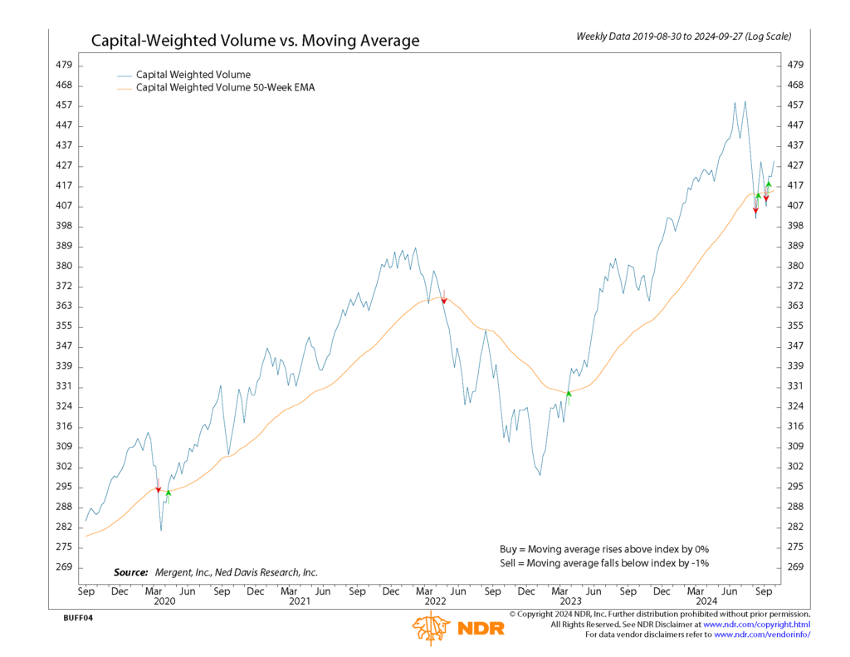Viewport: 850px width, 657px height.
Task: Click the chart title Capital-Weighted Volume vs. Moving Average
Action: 255,41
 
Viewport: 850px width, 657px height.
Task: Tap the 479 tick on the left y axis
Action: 64,65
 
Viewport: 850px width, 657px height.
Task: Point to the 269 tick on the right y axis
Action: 794,567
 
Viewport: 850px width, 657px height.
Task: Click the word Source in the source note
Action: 130,572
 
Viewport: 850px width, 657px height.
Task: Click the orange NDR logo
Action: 457,628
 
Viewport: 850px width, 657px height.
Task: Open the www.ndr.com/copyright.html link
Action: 756,624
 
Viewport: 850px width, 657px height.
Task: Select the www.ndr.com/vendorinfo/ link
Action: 761,635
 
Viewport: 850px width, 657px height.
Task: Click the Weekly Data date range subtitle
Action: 683,37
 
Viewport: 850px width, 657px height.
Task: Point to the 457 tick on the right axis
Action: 794,105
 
